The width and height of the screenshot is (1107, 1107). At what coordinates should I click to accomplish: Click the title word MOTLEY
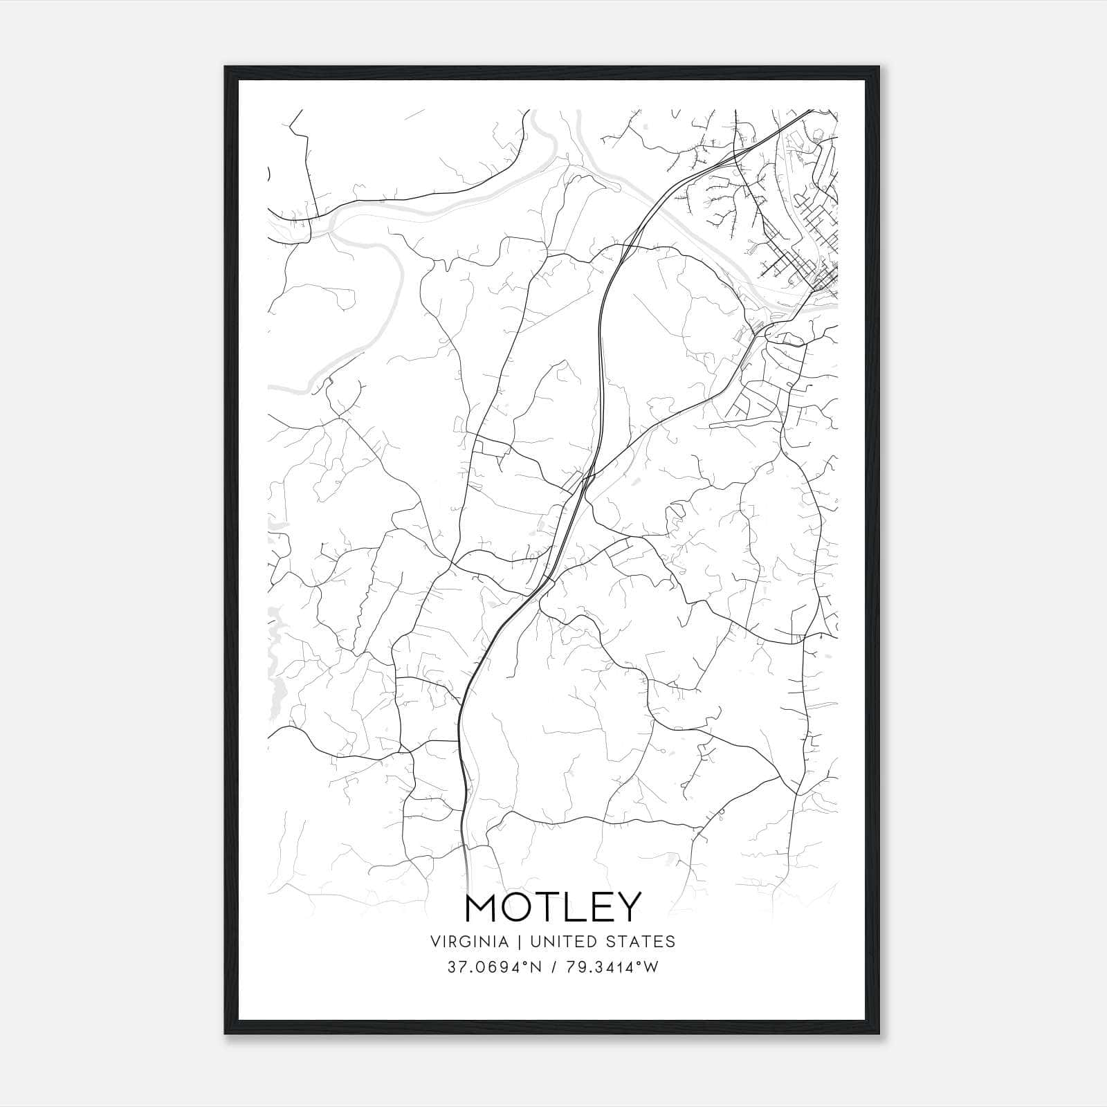(553, 907)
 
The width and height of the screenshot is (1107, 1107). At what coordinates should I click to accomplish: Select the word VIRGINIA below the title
(469, 942)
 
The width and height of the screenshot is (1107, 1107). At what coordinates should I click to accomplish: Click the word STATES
(642, 942)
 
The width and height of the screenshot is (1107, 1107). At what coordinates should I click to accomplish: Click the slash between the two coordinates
(553, 967)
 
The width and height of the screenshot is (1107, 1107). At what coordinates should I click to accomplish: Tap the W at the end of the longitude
(652, 967)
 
